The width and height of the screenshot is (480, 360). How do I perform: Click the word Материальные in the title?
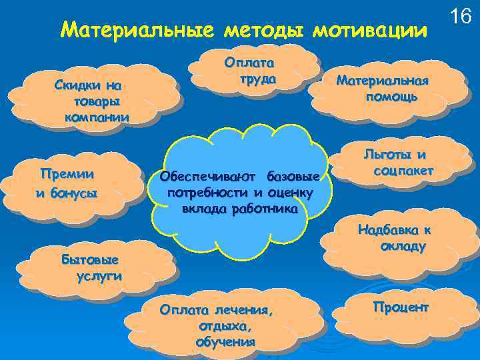[136, 30]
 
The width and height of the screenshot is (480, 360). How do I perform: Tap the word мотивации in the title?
[367, 30]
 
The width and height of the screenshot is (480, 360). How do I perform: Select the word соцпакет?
[404, 171]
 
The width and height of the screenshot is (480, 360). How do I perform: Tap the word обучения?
[225, 342]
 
